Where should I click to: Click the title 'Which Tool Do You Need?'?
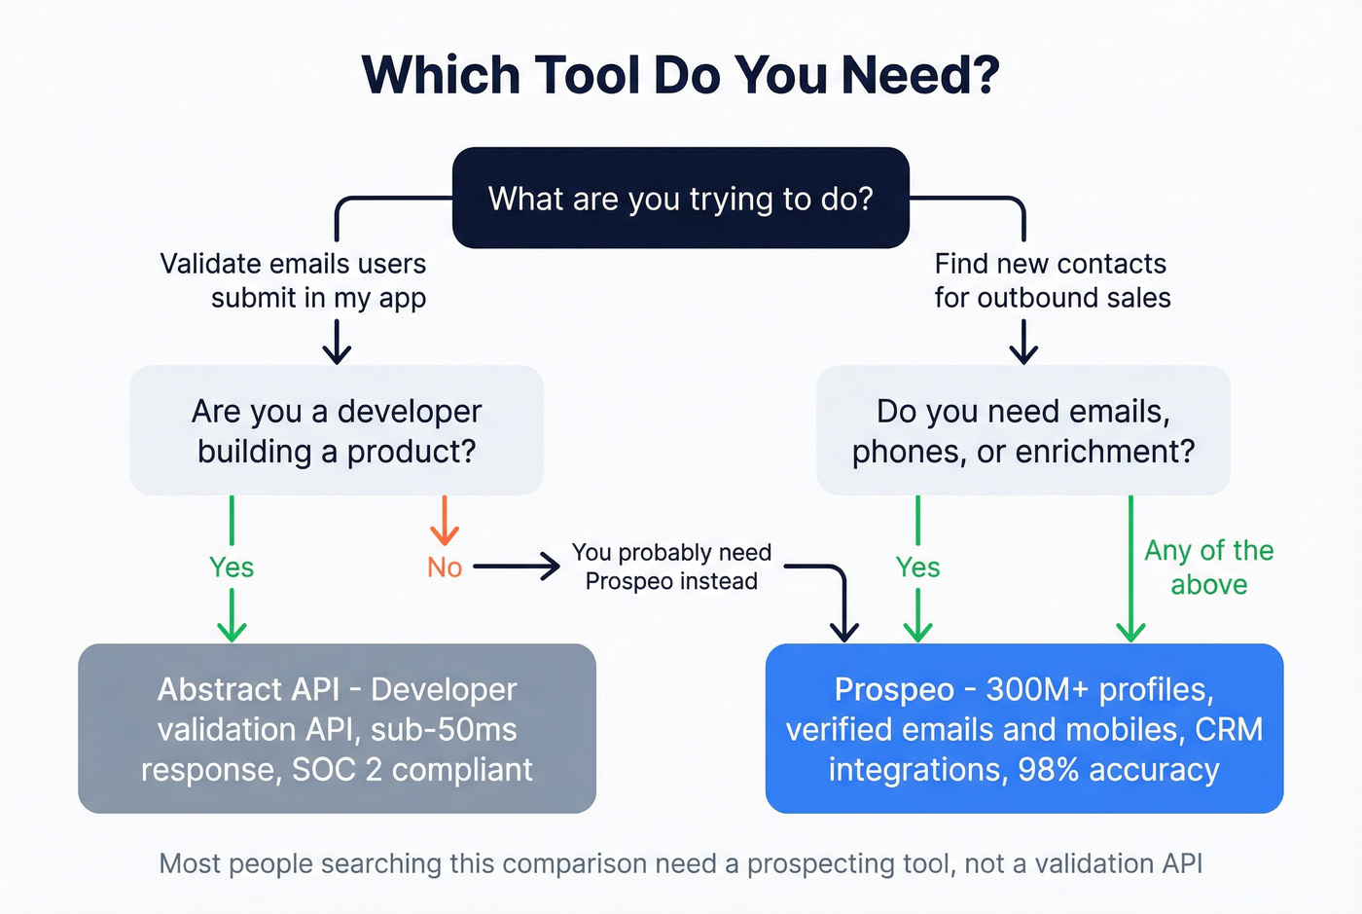pyautogui.click(x=680, y=75)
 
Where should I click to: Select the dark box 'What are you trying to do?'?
pyautogui.click(x=680, y=199)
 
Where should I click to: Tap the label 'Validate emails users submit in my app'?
pyautogui.click(x=293, y=280)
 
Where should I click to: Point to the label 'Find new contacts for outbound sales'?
pyautogui.click(x=1052, y=280)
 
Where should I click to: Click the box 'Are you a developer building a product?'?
pyautogui.click(x=337, y=430)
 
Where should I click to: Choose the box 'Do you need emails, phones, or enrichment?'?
pyautogui.click(x=1022, y=430)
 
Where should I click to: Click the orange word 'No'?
pyautogui.click(x=445, y=567)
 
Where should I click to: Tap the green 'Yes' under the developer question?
pyautogui.click(x=232, y=567)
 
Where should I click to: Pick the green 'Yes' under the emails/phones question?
pyautogui.click(x=917, y=567)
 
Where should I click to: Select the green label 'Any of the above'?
pyautogui.click(x=1208, y=567)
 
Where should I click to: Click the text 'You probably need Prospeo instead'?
pyautogui.click(x=671, y=567)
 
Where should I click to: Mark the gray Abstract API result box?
pyautogui.click(x=337, y=728)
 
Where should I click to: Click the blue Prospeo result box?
pyautogui.click(x=1023, y=728)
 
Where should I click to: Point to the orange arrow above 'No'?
pyautogui.click(x=445, y=522)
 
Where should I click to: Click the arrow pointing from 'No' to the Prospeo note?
pyautogui.click(x=517, y=567)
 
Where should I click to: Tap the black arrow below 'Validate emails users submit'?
pyautogui.click(x=337, y=342)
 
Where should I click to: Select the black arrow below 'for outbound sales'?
pyautogui.click(x=1023, y=342)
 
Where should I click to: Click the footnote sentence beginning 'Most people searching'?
pyautogui.click(x=680, y=863)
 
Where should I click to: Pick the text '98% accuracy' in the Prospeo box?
pyautogui.click(x=1118, y=770)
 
